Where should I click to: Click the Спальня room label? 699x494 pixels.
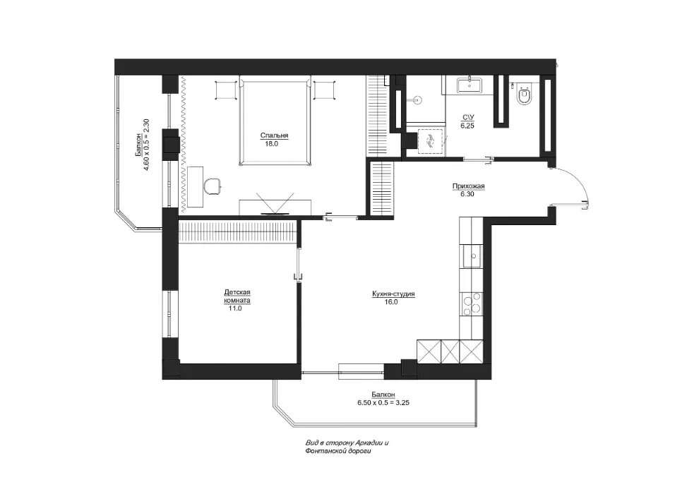click(x=275, y=136)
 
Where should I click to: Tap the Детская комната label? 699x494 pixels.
click(x=237, y=296)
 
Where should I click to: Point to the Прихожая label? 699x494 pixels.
click(x=468, y=186)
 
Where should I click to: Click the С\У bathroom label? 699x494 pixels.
click(x=468, y=117)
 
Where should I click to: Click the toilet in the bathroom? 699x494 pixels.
click(x=524, y=95)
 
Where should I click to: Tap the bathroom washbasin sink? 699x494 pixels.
click(x=469, y=85)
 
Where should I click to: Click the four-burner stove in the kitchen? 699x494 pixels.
click(x=471, y=303)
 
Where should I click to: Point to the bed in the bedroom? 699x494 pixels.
click(x=275, y=120)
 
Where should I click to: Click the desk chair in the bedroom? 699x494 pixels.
click(x=213, y=186)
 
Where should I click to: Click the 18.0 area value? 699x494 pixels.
click(x=271, y=144)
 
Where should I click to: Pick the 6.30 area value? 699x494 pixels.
click(x=468, y=194)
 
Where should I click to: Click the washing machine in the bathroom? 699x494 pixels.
click(x=431, y=142)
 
